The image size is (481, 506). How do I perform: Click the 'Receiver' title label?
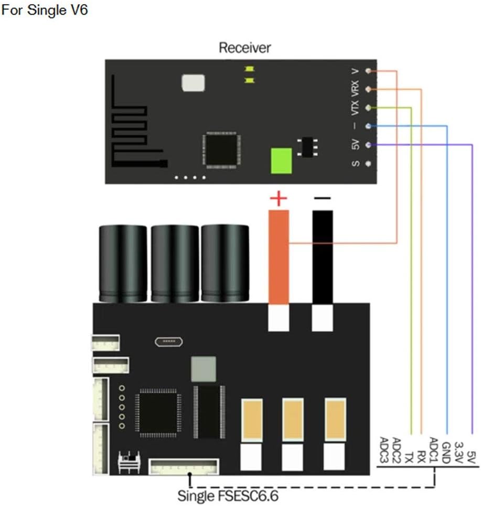click(x=244, y=48)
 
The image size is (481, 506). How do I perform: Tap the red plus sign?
click(x=279, y=199)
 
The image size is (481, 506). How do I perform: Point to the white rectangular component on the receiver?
click(x=192, y=82)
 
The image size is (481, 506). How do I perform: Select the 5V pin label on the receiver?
click(x=355, y=145)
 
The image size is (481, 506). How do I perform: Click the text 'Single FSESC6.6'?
click(x=228, y=495)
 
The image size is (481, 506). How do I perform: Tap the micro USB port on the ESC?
click(x=168, y=342)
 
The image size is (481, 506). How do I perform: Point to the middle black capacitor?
click(x=175, y=263)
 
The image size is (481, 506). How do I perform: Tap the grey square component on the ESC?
click(x=204, y=369)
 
